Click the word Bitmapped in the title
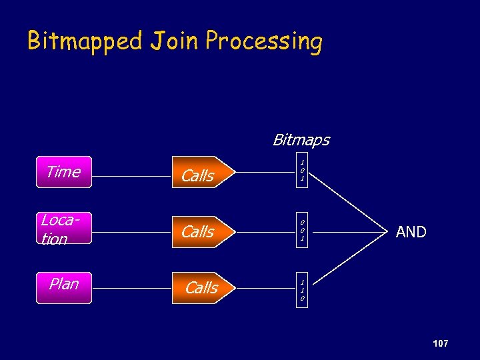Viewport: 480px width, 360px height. pos(85,41)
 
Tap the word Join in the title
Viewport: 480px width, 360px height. pos(174,41)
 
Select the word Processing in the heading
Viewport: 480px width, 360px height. pos(264,41)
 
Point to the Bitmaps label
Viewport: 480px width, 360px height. pos(301,140)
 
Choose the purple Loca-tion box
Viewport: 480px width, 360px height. pos(64,229)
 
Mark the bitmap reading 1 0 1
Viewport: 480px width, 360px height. pos(302,171)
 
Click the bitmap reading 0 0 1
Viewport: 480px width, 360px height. pos(302,230)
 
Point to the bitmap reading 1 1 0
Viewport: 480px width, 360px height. pos(302,290)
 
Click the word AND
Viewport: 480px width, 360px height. pos(411,232)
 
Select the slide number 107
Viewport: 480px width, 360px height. pos(440,343)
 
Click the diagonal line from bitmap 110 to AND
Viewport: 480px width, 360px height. pos(353,261)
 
